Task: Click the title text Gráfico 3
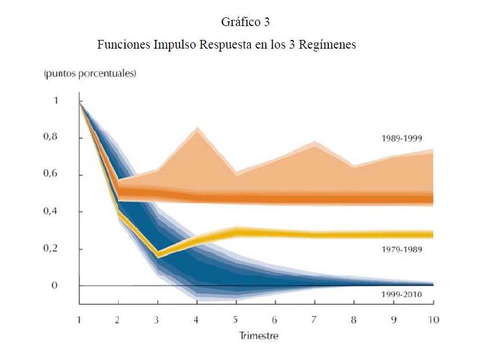[x=246, y=23]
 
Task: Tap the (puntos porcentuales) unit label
[x=90, y=74]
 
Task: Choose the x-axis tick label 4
[x=197, y=320]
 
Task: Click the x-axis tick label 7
[x=314, y=320]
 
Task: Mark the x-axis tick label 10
[x=432, y=320]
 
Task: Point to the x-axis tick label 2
[x=118, y=320]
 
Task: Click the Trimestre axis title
[x=259, y=336]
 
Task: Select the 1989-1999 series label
[x=402, y=138]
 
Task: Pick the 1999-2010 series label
[x=402, y=295]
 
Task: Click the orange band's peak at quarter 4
[x=197, y=128]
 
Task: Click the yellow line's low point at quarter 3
[x=157, y=255]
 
